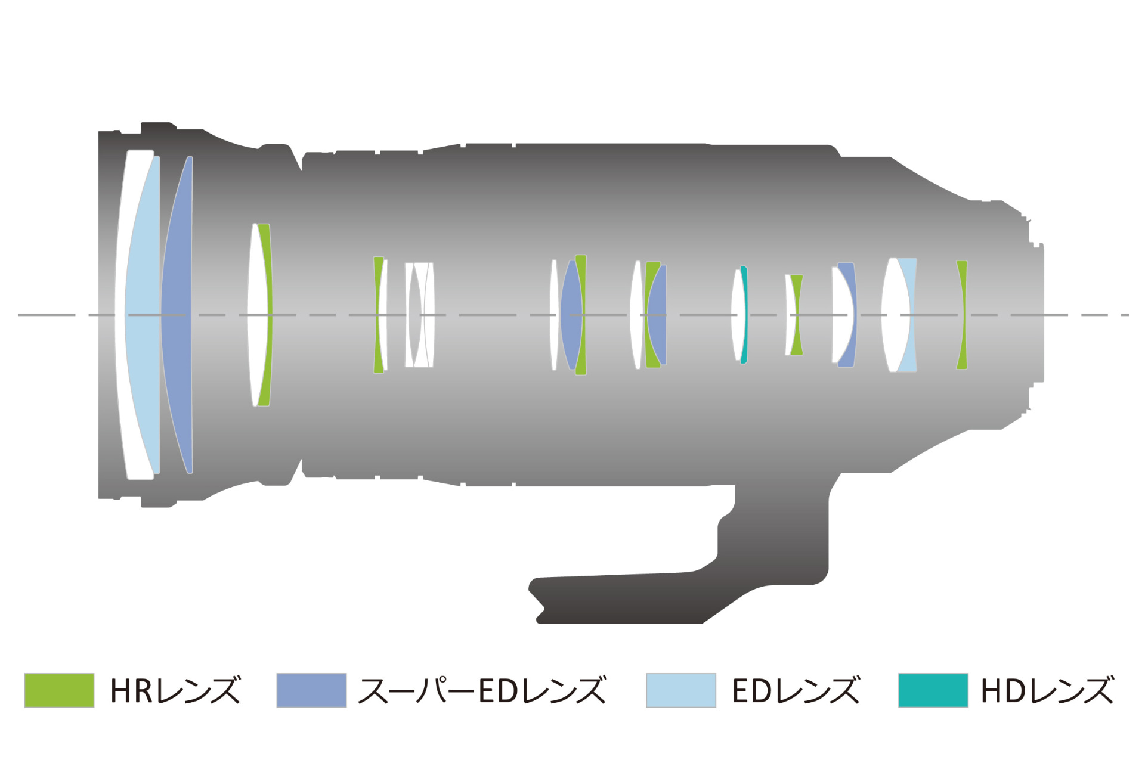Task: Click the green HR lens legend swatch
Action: pyautogui.click(x=59, y=690)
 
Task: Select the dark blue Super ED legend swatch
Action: pyautogui.click(x=311, y=690)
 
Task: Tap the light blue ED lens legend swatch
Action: pyautogui.click(x=681, y=690)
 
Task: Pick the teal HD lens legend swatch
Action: pyautogui.click(x=933, y=690)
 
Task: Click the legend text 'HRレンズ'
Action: pyautogui.click(x=175, y=690)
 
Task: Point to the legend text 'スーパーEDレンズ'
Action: pyautogui.click(x=482, y=690)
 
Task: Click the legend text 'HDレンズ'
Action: pyautogui.click(x=1047, y=690)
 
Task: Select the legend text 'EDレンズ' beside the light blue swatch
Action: pyautogui.click(x=796, y=690)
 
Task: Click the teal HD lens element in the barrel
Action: pyautogui.click(x=745, y=315)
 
